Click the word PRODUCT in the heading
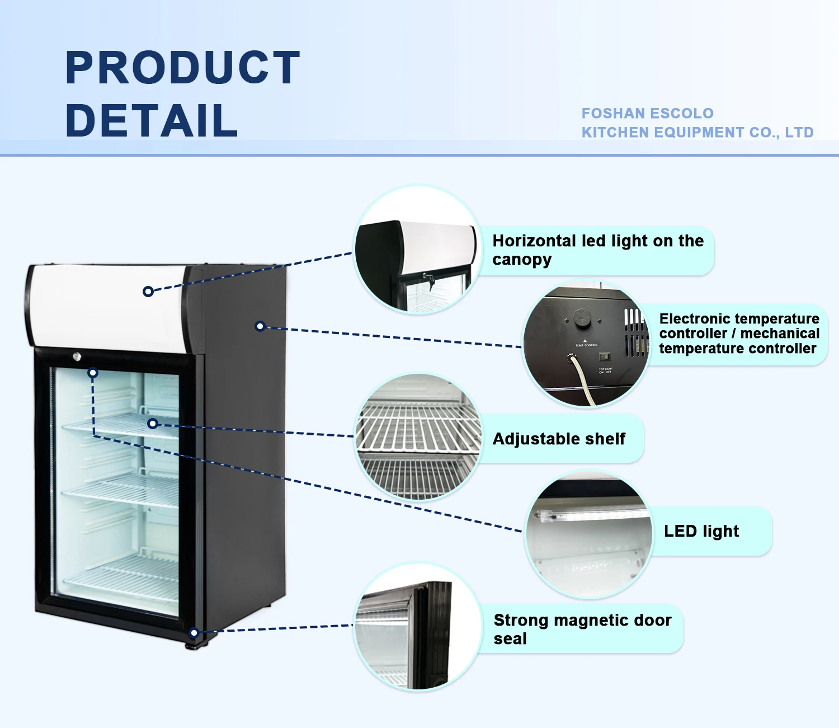182,68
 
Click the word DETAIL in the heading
152,120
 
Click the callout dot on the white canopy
148,292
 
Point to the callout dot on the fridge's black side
260,326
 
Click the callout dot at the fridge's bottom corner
194,633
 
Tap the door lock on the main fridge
77,356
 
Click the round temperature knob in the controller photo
582,318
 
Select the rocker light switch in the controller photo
605,356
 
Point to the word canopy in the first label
522,260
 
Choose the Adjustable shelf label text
559,439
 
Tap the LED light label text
701,531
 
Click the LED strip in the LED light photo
587,514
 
